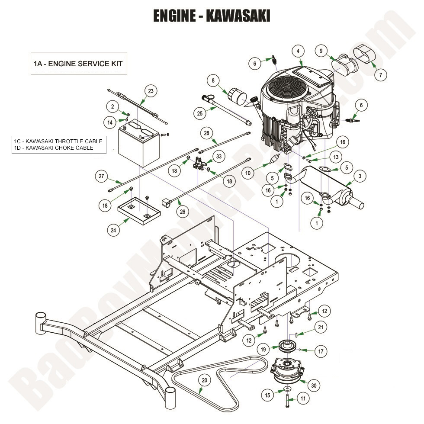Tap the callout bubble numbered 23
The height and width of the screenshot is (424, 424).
coord(150,91)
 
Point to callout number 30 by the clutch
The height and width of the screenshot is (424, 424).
coord(314,385)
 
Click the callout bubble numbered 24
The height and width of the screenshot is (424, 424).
coord(113,231)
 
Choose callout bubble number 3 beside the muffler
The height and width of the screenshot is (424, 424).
coord(360,176)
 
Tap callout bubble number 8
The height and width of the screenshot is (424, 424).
coord(213,80)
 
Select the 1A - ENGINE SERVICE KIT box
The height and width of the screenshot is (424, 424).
coord(78,64)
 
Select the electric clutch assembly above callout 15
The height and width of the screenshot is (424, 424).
coord(288,372)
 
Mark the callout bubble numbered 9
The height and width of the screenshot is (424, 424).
coord(321,51)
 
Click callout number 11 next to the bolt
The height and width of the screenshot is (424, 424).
coord(302,398)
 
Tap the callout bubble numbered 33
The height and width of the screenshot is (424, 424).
coord(219,156)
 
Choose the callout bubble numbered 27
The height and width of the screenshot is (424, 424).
coord(102,177)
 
